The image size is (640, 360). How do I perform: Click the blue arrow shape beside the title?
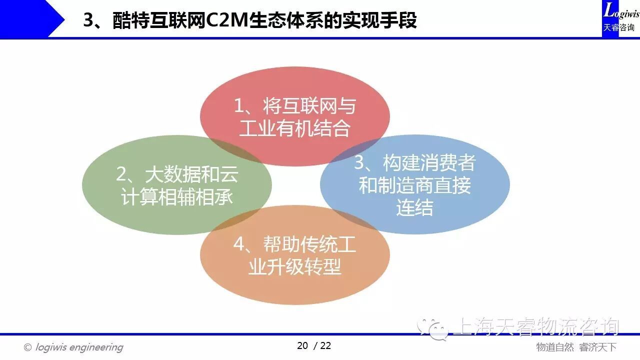tap(32, 19)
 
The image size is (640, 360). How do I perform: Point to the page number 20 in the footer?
tap(302, 345)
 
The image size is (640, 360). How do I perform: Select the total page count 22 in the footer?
tap(325, 345)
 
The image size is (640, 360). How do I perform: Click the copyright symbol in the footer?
tap(27, 347)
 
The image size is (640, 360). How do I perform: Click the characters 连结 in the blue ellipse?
tap(414, 207)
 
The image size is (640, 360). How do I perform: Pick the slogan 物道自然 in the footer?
tap(555, 347)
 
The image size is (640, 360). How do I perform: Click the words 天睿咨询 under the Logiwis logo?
tap(618, 27)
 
